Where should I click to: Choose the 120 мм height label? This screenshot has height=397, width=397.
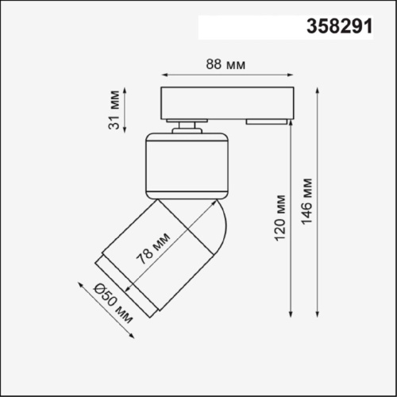[279, 218]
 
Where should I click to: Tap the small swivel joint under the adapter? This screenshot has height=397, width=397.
[187, 126]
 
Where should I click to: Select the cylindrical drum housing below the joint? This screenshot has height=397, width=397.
[187, 165]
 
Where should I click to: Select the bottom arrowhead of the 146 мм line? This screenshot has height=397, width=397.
[319, 312]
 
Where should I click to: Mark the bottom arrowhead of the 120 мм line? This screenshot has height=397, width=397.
[291, 312]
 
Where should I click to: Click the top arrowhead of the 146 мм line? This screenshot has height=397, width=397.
[319, 87]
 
